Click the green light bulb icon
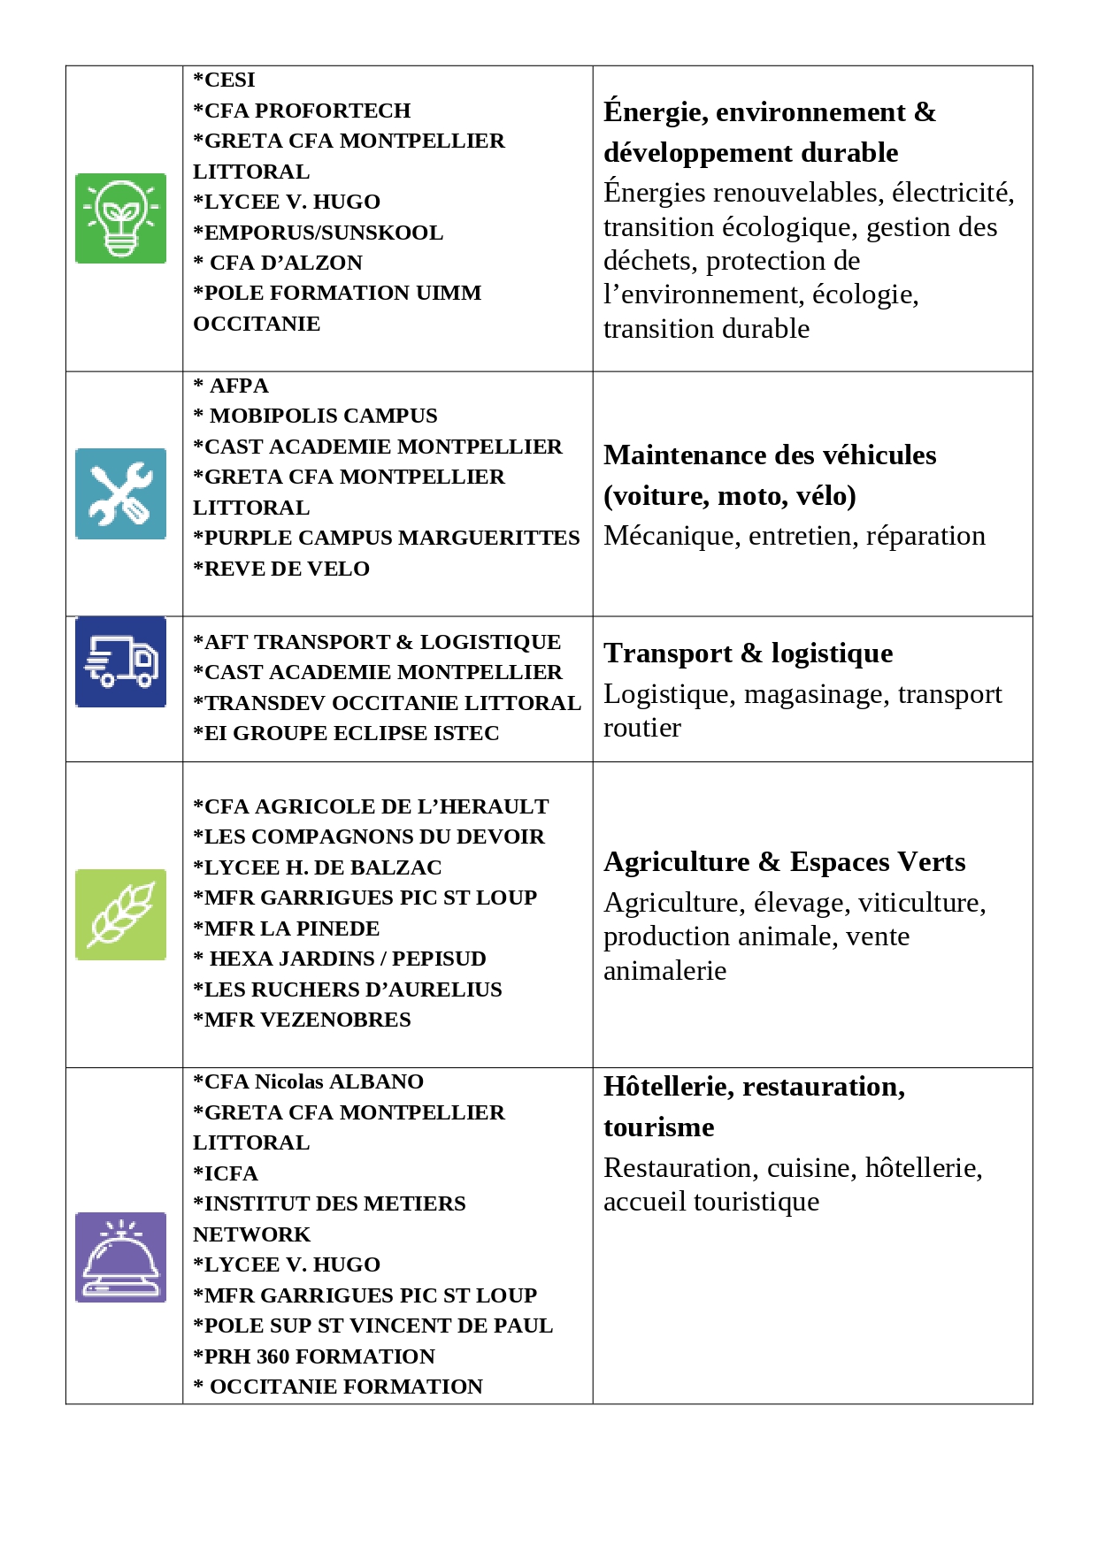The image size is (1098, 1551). (x=120, y=218)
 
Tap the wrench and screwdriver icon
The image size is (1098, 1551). (x=120, y=493)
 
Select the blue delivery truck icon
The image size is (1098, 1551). (x=120, y=661)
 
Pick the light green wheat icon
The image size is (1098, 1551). (x=120, y=914)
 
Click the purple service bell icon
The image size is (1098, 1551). (x=120, y=1257)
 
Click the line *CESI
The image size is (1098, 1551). (x=225, y=80)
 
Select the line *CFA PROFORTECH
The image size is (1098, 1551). (x=302, y=111)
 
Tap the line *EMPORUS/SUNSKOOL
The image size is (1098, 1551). (x=319, y=233)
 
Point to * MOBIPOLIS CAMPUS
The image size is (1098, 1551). (x=316, y=416)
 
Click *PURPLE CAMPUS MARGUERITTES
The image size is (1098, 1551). (x=387, y=538)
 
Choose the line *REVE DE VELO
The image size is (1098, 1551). (x=281, y=569)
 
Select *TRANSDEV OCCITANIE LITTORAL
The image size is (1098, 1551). (x=387, y=703)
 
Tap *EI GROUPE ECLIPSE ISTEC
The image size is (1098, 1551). (x=346, y=733)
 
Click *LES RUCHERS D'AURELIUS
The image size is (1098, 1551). (x=348, y=989)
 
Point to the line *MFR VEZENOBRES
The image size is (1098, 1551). (x=302, y=1020)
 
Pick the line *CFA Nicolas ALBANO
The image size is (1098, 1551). (x=308, y=1081)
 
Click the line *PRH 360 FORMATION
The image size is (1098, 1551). (x=314, y=1356)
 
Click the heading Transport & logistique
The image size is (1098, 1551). (x=748, y=653)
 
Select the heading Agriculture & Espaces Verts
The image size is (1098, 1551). (x=784, y=862)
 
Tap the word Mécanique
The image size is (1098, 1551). (x=672, y=536)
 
